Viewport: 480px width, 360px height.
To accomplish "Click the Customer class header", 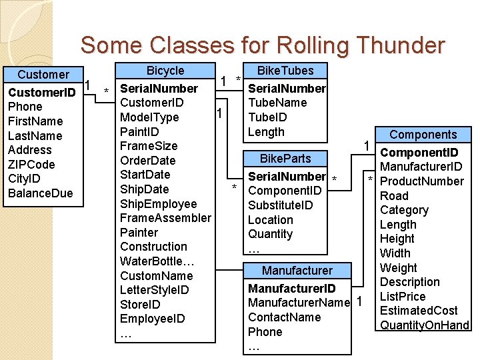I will click(x=43, y=75).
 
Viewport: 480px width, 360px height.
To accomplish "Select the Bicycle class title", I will click(x=165, y=71).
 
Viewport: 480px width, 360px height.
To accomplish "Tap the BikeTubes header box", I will click(x=285, y=71).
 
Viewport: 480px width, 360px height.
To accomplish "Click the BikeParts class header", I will click(x=285, y=159).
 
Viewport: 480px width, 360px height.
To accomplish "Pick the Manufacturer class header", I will click(x=297, y=270).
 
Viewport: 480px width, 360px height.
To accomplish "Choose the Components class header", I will click(x=423, y=135).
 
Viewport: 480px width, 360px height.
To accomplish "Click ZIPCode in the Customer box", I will click(x=31, y=164).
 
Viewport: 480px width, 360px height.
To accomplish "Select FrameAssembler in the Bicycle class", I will click(x=165, y=218).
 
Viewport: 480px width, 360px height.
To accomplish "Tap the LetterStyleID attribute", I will click(x=154, y=290).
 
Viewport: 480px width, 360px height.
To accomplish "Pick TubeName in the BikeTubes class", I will click(x=277, y=103).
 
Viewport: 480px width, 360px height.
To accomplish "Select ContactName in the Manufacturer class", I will click(x=284, y=317).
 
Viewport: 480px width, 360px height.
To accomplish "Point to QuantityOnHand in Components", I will click(x=424, y=325).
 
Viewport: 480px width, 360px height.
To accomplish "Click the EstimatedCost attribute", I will click(x=418, y=311).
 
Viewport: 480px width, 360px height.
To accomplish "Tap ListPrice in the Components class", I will click(x=402, y=296).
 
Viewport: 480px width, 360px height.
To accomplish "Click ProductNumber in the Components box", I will click(x=421, y=181).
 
